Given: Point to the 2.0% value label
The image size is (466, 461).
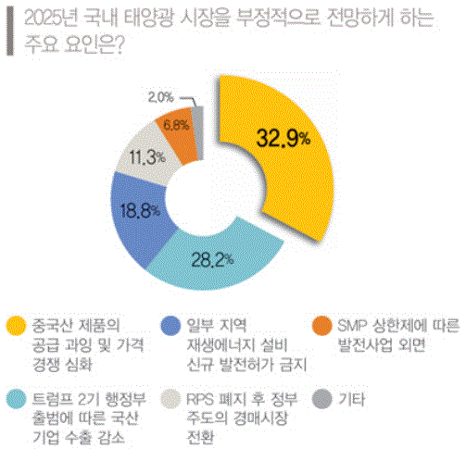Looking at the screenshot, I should (160, 95).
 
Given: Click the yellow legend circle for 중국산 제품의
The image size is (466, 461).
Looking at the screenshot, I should (15, 325).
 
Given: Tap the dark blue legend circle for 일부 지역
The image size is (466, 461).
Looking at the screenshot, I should (169, 325).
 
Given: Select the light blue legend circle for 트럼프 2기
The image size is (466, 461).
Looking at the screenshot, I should (15, 401).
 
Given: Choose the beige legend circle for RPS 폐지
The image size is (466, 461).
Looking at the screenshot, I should (169, 401).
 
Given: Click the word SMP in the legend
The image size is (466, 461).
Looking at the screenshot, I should (357, 325).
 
